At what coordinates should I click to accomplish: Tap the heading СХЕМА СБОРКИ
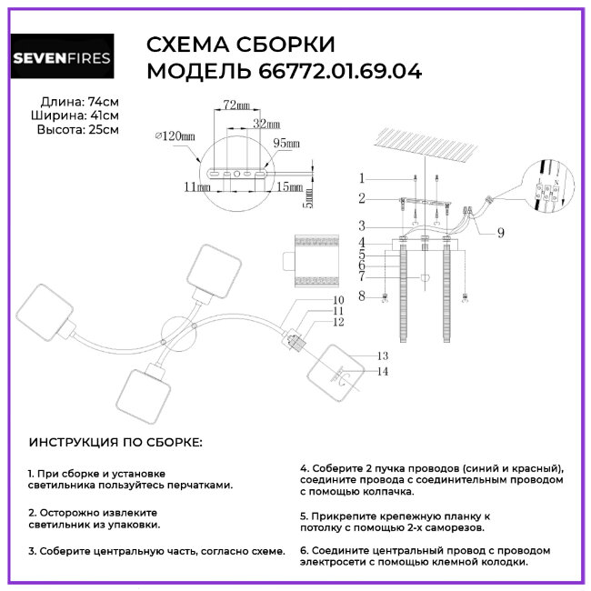pyautogui.click(x=240, y=45)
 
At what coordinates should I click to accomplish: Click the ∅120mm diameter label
pyautogui.click(x=175, y=135)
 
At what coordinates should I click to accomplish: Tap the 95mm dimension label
pyautogui.click(x=287, y=143)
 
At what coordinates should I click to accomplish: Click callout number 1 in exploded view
pyautogui.click(x=361, y=178)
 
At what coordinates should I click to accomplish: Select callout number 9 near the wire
pyautogui.click(x=500, y=232)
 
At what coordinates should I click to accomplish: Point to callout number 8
pyautogui.click(x=361, y=296)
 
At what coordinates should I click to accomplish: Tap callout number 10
pyautogui.click(x=312, y=299)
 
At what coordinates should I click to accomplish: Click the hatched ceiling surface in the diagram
pyautogui.click(x=427, y=143)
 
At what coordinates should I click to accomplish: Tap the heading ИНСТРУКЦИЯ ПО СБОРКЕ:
pyautogui.click(x=115, y=442)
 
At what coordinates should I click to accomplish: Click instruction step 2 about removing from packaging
pyautogui.click(x=93, y=518)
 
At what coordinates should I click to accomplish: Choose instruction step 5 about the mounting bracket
pyautogui.click(x=395, y=520)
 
